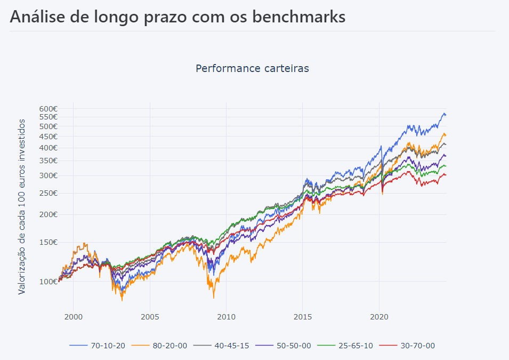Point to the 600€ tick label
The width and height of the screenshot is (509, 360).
pyautogui.click(x=47, y=108)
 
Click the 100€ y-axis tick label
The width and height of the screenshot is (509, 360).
pyautogui.click(x=47, y=281)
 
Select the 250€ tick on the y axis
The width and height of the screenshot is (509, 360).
pyautogui.click(x=47, y=193)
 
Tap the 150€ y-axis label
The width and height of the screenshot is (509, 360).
pyautogui.click(x=47, y=242)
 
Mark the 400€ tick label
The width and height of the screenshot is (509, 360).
pyautogui.click(x=47, y=148)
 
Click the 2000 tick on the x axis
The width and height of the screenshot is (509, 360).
pyautogui.click(x=74, y=316)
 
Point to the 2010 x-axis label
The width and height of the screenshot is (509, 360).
pyautogui.click(x=226, y=316)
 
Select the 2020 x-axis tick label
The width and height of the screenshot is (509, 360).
pyautogui.click(x=378, y=316)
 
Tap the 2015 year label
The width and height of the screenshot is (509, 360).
pyautogui.click(x=302, y=316)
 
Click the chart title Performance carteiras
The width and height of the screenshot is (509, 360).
pyautogui.click(x=252, y=68)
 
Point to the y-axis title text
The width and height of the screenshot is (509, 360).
pyautogui.click(x=22, y=206)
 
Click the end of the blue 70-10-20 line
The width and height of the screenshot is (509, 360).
pyautogui.click(x=446, y=115)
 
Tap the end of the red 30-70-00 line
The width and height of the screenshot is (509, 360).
pyautogui.click(x=446, y=175)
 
